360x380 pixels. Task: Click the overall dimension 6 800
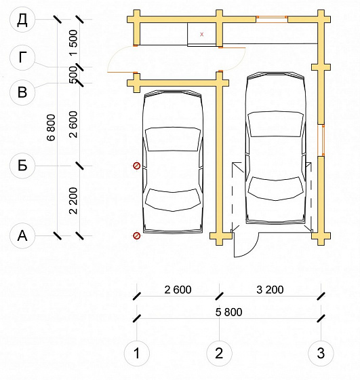[x=52, y=128]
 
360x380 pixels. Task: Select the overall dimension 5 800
[x=228, y=312]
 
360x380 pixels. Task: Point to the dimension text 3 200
[x=270, y=290]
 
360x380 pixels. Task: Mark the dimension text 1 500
[x=73, y=42]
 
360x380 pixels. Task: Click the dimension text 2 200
[x=73, y=201]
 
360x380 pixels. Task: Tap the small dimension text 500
[x=73, y=75]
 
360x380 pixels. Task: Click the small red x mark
[x=201, y=35]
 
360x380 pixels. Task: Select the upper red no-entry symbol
[x=137, y=166]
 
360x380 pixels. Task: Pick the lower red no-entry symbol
[x=137, y=235]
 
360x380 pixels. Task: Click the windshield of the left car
[x=173, y=139]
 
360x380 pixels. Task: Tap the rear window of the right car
[x=276, y=189]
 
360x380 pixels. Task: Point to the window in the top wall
[x=272, y=20]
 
